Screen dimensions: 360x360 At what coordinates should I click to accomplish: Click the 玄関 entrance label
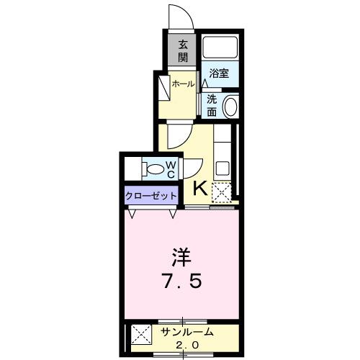pos(183,50)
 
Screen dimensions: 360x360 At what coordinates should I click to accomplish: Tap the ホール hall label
pos(183,84)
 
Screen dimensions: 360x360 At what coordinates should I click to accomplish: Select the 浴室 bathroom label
pos(219,73)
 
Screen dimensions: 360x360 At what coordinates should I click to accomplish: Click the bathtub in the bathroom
pos(220,47)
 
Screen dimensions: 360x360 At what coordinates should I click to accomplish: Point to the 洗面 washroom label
pos(212,105)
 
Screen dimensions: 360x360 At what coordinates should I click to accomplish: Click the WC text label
pos(172,170)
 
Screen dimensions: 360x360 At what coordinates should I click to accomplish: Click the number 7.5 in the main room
pos(181,281)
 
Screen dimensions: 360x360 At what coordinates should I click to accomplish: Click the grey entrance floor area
pos(183,51)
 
